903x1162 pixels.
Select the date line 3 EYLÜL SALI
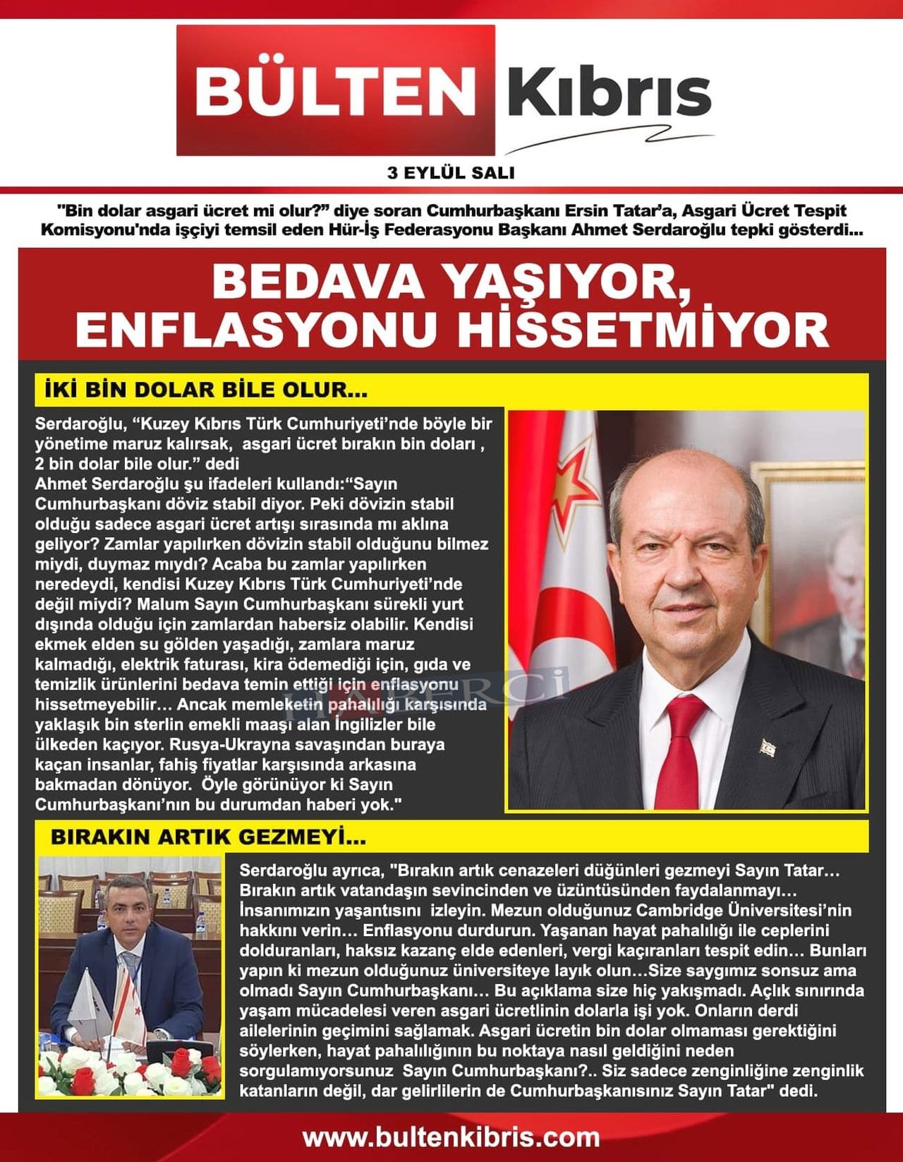click(451, 172)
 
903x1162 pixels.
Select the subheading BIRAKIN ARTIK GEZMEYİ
click(208, 837)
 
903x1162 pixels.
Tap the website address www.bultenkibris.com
click(451, 1137)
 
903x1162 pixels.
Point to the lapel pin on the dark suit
click(767, 746)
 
